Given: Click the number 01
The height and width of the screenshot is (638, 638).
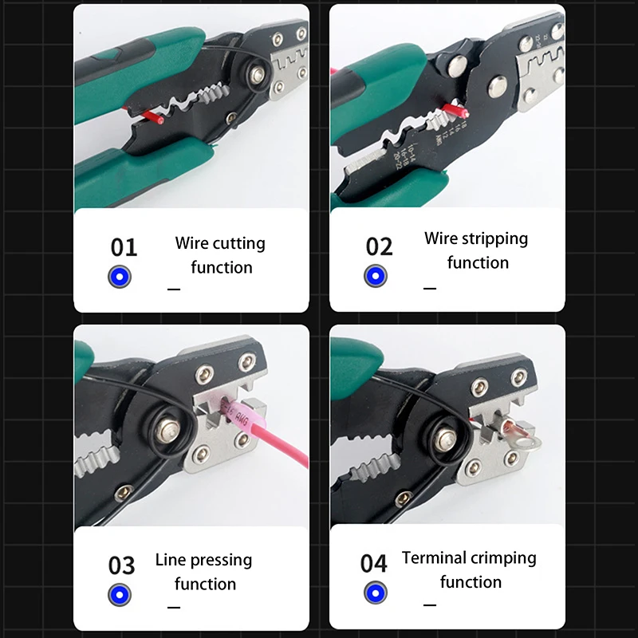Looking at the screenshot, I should pyautogui.click(x=124, y=247).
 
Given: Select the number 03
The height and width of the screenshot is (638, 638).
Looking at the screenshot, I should pyautogui.click(x=122, y=565).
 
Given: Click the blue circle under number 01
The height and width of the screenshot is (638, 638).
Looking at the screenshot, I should pyautogui.click(x=120, y=277).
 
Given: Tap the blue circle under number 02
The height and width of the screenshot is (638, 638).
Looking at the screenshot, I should pyautogui.click(x=376, y=276).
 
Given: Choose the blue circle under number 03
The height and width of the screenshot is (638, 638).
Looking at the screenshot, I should pyautogui.click(x=120, y=594).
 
